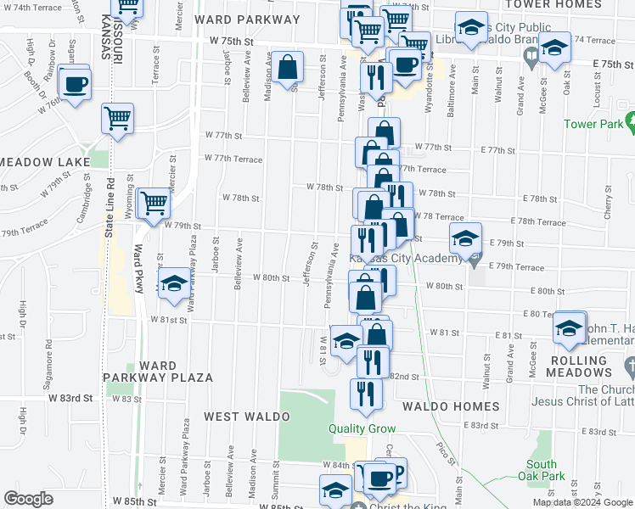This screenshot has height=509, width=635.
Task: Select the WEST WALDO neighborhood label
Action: (x=246, y=417)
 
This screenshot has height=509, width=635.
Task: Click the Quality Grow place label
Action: (x=362, y=428)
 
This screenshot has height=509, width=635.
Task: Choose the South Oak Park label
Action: (x=541, y=470)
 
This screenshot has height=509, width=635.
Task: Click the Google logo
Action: (x=28, y=498)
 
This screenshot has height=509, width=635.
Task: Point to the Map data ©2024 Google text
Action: (x=582, y=502)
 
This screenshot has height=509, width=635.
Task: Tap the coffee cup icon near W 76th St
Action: (x=76, y=84)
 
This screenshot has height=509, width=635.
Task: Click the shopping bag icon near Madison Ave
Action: (x=289, y=67)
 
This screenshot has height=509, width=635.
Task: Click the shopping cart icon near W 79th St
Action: (x=154, y=203)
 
